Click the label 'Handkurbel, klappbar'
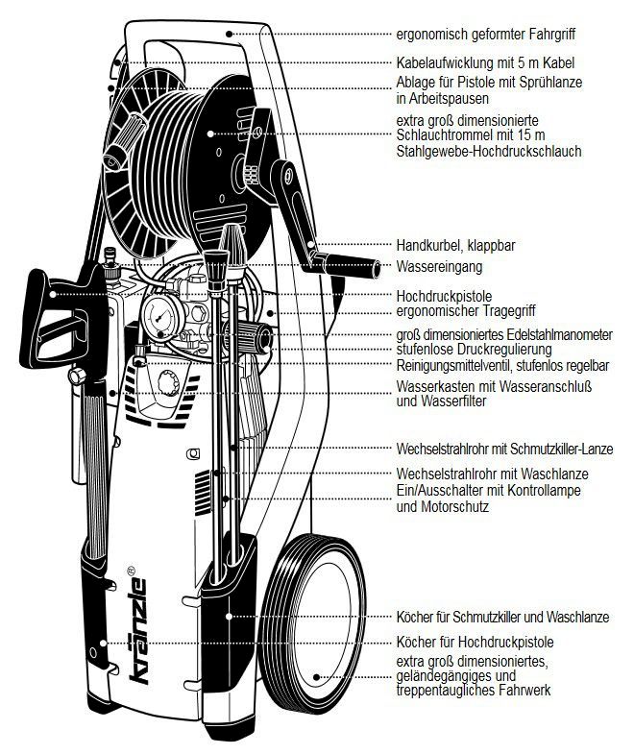(x=455, y=245)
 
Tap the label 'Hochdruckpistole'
(x=443, y=296)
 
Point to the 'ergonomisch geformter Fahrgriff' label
(x=498, y=33)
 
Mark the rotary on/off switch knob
(x=170, y=385)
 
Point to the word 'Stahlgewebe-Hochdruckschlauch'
(x=489, y=152)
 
